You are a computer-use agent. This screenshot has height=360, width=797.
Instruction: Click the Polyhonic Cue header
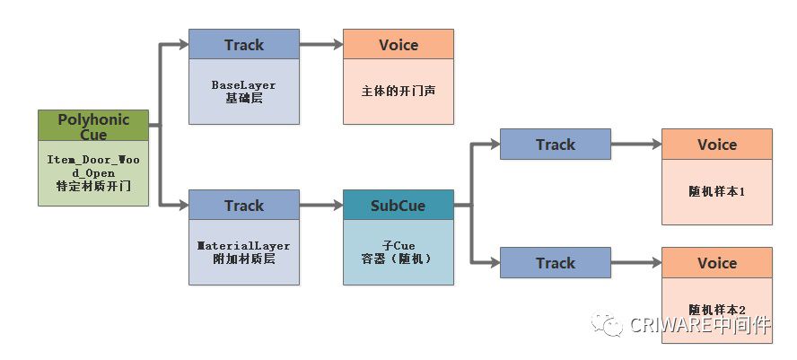[93, 127]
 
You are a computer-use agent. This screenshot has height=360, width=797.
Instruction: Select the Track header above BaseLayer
[244, 44]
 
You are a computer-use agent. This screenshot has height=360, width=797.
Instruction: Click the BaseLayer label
[244, 84]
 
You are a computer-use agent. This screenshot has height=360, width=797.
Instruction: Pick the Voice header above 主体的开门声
[398, 44]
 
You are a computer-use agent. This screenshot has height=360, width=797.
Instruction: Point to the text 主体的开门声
[398, 91]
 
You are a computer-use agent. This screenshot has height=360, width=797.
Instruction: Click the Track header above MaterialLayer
[244, 206]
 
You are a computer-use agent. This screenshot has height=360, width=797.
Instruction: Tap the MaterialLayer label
[244, 244]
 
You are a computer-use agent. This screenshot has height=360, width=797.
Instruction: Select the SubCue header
[398, 206]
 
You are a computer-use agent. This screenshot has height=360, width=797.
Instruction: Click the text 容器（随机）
[398, 259]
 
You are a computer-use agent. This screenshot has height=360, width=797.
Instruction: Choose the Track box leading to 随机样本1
[555, 145]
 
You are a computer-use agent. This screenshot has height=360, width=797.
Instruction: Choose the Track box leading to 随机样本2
[555, 263]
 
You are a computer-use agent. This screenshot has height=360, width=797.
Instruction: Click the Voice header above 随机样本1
[716, 145]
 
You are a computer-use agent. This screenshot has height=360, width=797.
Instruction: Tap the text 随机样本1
[716, 191]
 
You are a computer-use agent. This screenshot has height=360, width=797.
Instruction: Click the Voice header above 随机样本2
[716, 263]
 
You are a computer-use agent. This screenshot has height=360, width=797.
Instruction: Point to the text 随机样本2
[716, 310]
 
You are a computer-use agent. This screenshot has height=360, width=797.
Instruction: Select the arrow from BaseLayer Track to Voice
[321, 44]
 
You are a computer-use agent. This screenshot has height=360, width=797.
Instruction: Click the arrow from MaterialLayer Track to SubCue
[321, 206]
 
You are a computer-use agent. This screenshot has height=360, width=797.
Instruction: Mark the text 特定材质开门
[93, 185]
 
